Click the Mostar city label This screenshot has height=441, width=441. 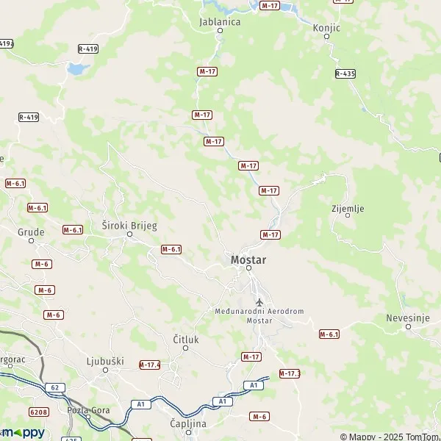click(x=248, y=260)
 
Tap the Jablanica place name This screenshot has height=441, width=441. click(x=220, y=22)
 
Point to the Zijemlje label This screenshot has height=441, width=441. click(x=348, y=209)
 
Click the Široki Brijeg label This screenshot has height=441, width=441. click(x=129, y=226)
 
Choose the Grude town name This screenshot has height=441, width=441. click(x=30, y=232)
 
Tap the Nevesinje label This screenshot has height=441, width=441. click(x=409, y=318)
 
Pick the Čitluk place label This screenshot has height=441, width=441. click(x=185, y=339)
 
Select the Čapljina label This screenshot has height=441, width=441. click(x=186, y=424)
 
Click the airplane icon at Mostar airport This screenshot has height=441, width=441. click(x=258, y=302)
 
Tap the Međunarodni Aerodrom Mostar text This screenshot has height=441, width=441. click(x=259, y=316)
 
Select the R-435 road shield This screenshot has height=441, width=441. click(x=345, y=73)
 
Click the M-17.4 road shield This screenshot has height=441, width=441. click(x=149, y=365)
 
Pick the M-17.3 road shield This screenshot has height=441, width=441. click(x=290, y=373)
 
